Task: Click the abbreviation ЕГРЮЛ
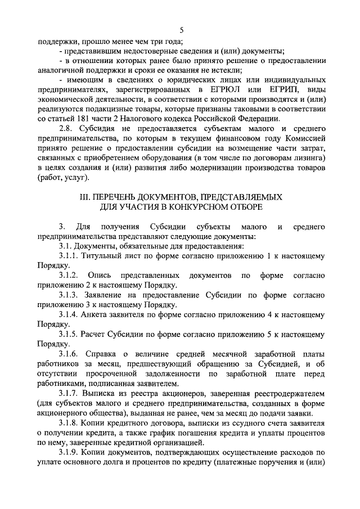(224, 91)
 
